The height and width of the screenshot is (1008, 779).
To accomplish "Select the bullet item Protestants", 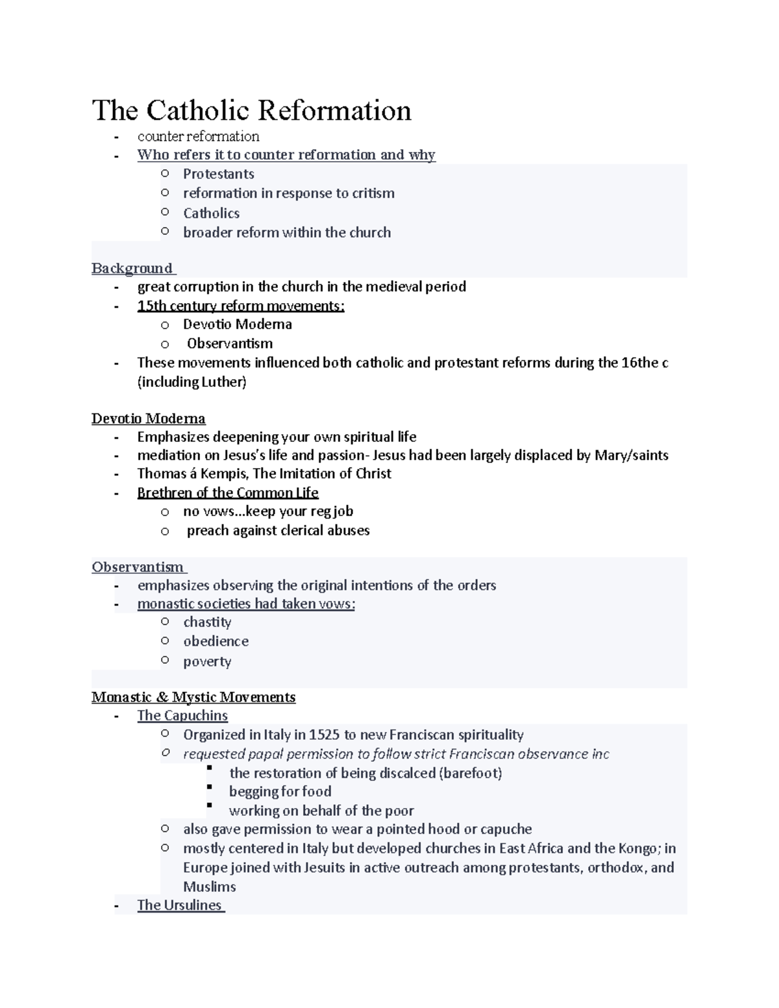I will click(218, 174).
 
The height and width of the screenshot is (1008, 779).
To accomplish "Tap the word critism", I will click(372, 193).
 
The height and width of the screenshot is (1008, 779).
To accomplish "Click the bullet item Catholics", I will click(211, 213).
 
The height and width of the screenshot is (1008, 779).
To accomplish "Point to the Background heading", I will click(132, 268).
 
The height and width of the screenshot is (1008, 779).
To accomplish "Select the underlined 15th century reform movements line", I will click(240, 306).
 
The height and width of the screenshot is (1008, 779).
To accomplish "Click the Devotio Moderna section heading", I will click(148, 419).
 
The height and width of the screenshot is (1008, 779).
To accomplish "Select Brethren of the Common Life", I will click(227, 493).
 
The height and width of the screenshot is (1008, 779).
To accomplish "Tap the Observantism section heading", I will click(138, 567).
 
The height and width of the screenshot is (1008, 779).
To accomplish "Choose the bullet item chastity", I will click(207, 622).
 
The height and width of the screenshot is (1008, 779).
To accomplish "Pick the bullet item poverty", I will click(207, 661).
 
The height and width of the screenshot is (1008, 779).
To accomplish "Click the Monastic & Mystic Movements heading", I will click(193, 697).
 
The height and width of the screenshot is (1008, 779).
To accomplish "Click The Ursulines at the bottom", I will click(179, 905).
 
